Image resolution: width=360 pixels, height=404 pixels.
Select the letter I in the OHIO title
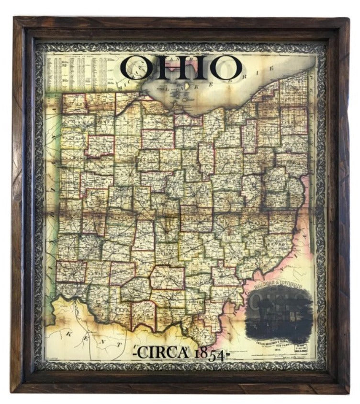point(201,68)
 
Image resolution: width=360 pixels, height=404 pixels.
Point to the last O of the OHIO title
point(225,68)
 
